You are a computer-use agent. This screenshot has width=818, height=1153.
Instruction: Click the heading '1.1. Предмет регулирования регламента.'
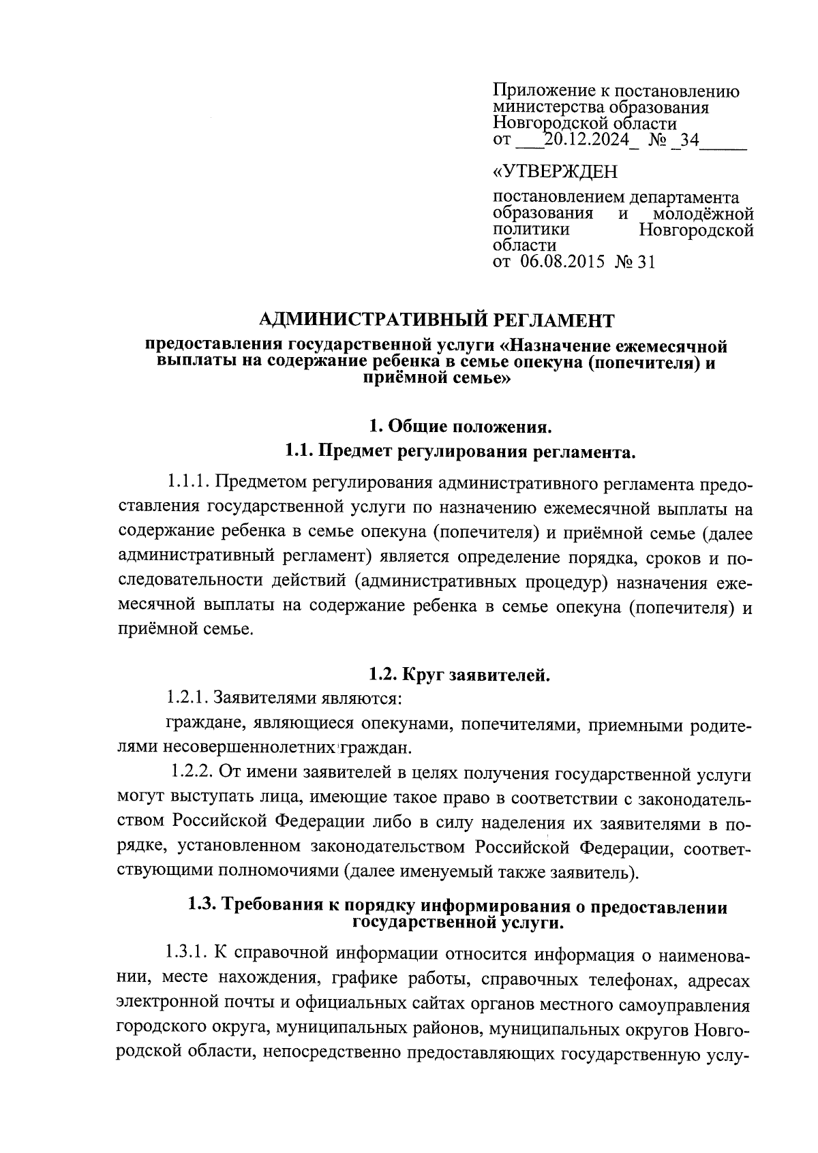coord(459,451)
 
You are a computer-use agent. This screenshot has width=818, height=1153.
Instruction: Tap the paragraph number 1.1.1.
coord(186,482)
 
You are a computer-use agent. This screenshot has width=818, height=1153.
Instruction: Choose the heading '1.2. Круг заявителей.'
coord(459,675)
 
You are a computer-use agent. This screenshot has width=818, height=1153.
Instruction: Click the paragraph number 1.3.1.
coord(187,951)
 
